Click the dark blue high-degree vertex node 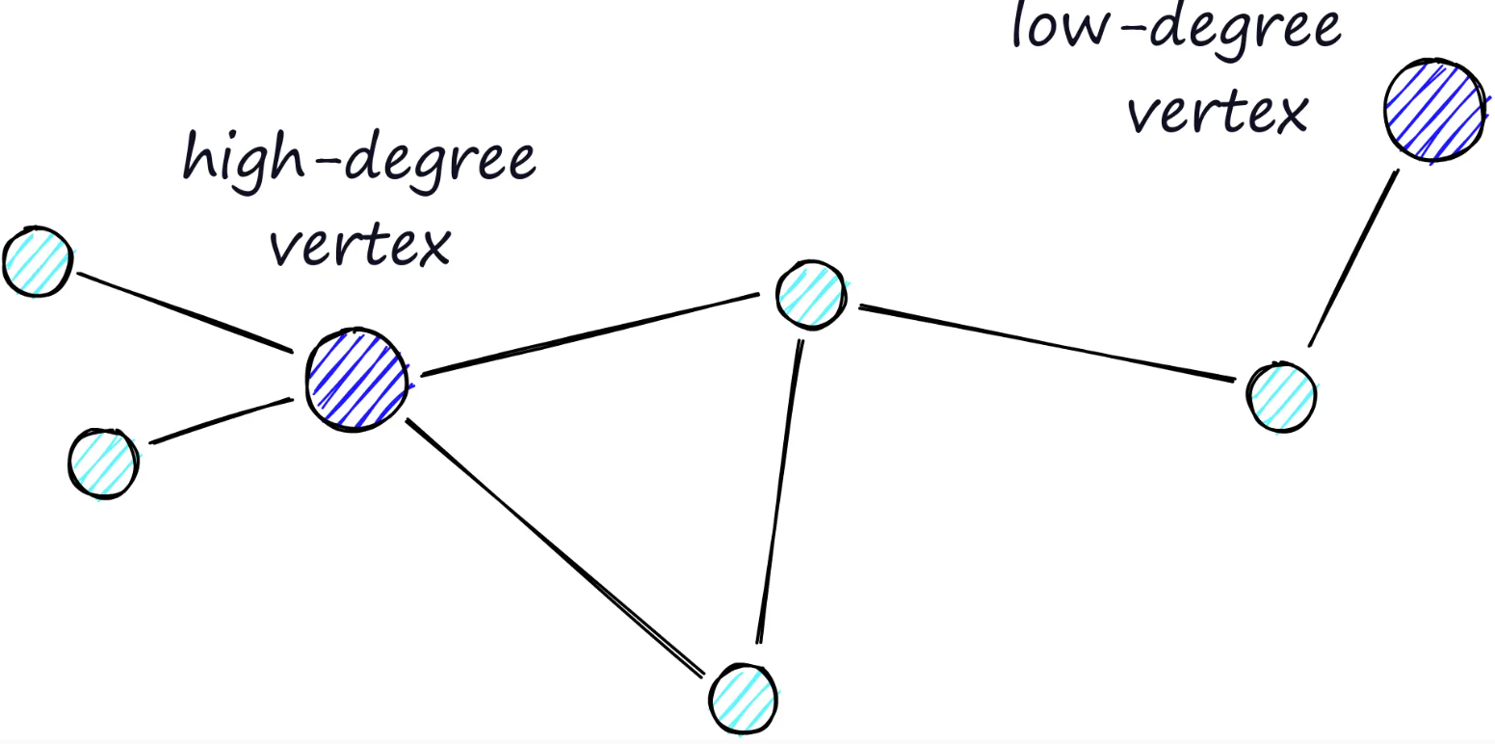(x=355, y=379)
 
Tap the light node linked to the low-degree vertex (x=1281, y=395)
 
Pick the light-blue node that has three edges (x=812, y=295)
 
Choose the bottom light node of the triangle (x=744, y=697)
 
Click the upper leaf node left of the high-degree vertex (x=37, y=262)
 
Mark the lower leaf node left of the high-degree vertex (x=104, y=462)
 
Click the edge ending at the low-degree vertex (x=1353, y=257)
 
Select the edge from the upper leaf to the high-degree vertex (x=185, y=310)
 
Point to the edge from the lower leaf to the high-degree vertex (x=222, y=420)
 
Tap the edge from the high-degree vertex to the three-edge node (x=590, y=333)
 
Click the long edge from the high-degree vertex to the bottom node (x=554, y=546)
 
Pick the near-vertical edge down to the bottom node (x=779, y=492)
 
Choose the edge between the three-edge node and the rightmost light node (x=1046, y=343)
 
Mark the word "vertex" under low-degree (x=1220, y=111)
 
